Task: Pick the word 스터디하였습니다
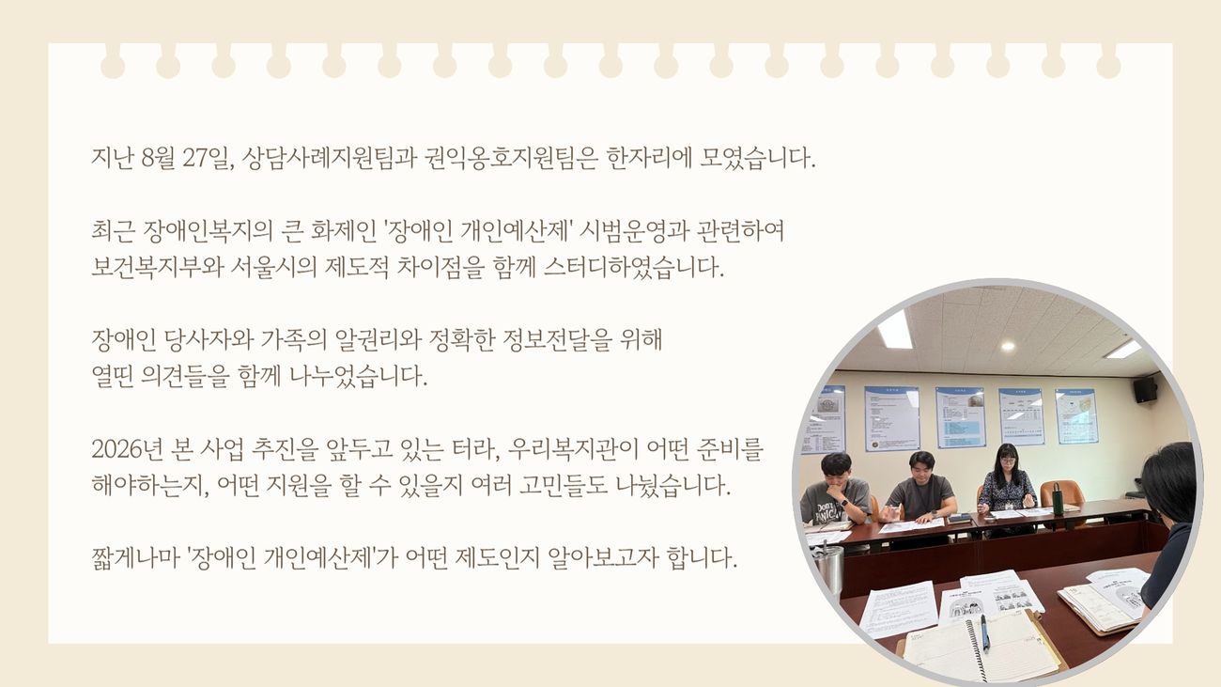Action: point(634,267)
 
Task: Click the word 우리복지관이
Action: point(574,448)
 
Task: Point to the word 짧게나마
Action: point(134,558)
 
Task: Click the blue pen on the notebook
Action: point(985,632)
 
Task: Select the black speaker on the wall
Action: point(1145,389)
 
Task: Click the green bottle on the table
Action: point(1058,499)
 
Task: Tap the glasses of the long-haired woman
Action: point(1007,461)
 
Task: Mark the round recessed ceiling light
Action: point(1008,346)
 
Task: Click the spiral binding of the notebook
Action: point(976,651)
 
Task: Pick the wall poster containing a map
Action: point(1076,416)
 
